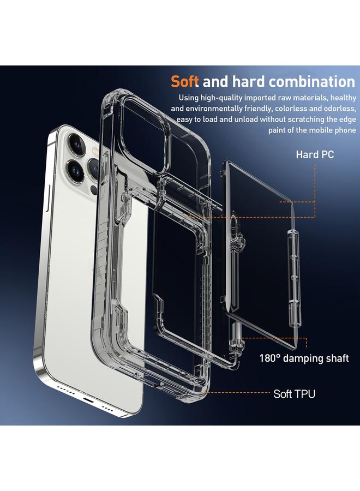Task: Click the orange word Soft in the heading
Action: coord(185,82)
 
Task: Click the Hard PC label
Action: coord(315,155)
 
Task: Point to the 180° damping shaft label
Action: coord(304,358)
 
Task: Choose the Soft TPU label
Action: coord(294,393)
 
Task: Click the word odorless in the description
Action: coord(339,109)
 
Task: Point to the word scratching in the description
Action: coord(299,119)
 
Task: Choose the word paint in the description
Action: coord(279,130)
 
